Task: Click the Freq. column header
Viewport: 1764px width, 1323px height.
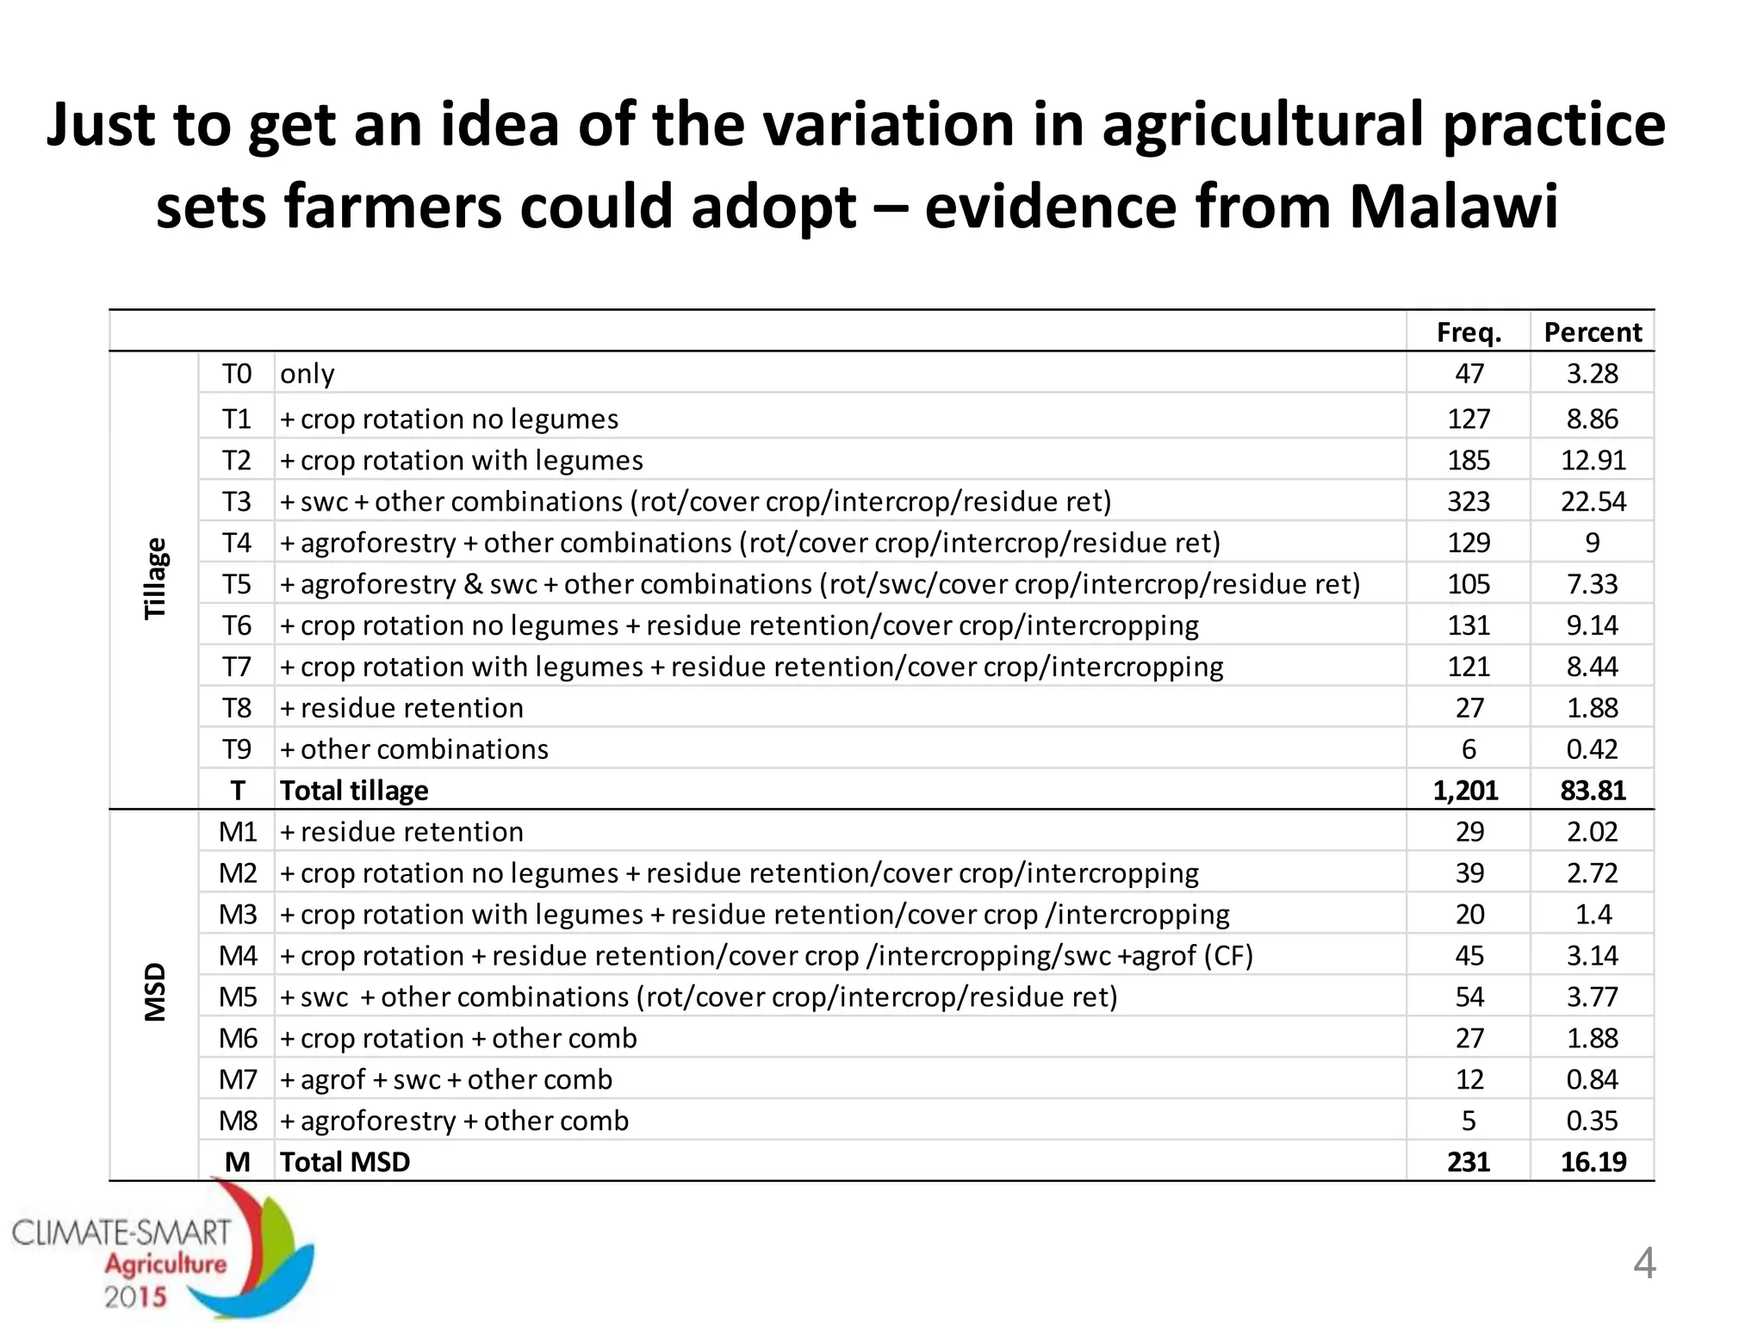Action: click(x=1469, y=332)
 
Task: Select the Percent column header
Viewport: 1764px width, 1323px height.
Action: click(x=1593, y=332)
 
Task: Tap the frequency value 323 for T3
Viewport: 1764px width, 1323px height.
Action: click(x=1469, y=501)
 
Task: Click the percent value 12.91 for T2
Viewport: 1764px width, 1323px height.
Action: click(x=1593, y=460)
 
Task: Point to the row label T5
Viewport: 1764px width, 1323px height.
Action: click(x=237, y=584)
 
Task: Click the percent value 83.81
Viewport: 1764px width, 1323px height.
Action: click(x=1593, y=791)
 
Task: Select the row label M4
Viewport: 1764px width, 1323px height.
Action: click(x=238, y=955)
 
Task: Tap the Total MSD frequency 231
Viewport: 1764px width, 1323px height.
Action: click(x=1469, y=1162)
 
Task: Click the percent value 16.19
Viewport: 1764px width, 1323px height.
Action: click(x=1593, y=1162)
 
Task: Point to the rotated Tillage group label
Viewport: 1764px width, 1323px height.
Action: click(x=155, y=579)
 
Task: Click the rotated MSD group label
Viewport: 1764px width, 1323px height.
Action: click(x=155, y=992)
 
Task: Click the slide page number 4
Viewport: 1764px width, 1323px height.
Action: click(x=1644, y=1264)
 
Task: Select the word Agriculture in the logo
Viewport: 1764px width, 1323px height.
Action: click(x=165, y=1264)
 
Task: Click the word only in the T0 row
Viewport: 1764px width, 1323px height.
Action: click(x=307, y=374)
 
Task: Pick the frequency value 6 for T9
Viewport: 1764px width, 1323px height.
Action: click(x=1469, y=749)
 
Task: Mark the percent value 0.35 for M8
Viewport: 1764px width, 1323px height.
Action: click(x=1593, y=1121)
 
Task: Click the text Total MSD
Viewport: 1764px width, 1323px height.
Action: click(x=345, y=1162)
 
